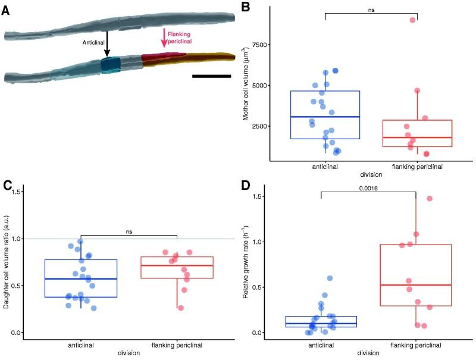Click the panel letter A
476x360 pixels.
coord(5,10)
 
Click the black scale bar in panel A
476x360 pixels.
coord(212,76)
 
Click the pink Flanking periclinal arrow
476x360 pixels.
coord(164,38)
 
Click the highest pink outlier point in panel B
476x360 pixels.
coord(412,20)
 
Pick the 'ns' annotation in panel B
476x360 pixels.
coord(371,10)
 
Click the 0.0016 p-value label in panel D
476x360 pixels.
coord(368,188)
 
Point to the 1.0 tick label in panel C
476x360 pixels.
coord(17,239)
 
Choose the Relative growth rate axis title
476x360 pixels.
coord(245,264)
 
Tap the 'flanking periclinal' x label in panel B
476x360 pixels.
coord(416,167)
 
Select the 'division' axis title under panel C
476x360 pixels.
coord(129,353)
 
